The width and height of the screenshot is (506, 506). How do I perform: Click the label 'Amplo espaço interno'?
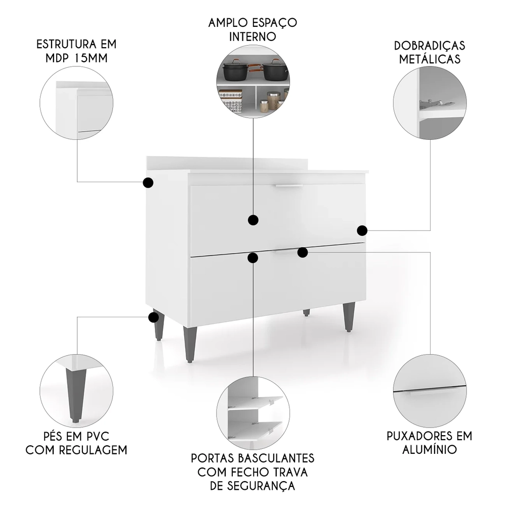tap(252, 30)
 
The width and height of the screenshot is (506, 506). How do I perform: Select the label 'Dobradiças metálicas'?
tap(430, 52)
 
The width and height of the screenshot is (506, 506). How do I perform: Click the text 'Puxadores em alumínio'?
tap(429, 442)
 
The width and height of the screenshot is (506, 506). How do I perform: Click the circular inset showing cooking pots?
tap(253, 83)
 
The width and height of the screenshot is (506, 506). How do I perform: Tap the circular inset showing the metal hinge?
tap(430, 104)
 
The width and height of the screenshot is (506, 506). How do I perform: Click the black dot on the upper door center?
tap(253, 220)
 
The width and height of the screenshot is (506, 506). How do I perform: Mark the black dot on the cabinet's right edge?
tap(362, 231)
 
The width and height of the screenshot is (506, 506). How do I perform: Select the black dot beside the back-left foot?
tap(153, 317)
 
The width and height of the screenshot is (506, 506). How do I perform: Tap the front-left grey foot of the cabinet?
tap(190, 344)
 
